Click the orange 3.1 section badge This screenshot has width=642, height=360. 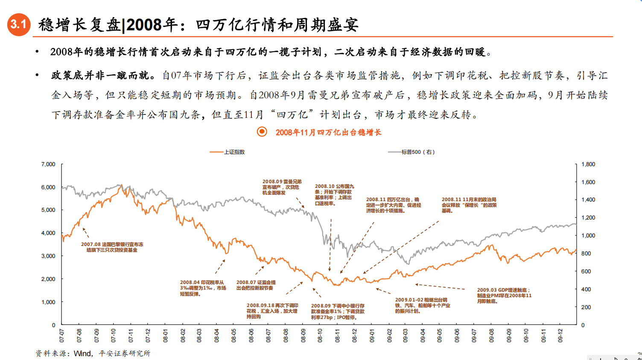(x=19, y=24)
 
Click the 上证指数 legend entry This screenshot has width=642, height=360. (x=234, y=152)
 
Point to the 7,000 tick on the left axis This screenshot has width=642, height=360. (x=48, y=164)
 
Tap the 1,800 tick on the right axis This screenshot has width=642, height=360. (x=588, y=164)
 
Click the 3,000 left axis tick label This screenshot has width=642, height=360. (x=48, y=256)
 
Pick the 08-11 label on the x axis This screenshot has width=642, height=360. (x=337, y=336)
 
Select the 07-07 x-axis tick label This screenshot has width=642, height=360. (x=62, y=336)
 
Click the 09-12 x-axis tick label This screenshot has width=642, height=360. (x=560, y=336)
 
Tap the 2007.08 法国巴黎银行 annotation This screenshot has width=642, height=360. (x=112, y=247)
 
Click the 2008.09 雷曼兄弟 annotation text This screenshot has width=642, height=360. (x=282, y=187)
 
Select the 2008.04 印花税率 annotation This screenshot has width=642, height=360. (x=203, y=288)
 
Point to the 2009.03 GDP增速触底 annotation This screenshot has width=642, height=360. (x=504, y=296)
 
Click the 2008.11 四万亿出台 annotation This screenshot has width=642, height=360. (x=393, y=205)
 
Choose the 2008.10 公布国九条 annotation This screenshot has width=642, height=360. (x=334, y=195)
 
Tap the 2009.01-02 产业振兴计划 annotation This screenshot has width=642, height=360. (x=422, y=305)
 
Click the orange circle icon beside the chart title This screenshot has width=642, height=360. (x=262, y=132)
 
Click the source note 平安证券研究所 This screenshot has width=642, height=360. (x=124, y=353)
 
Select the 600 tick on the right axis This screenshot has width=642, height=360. (x=586, y=272)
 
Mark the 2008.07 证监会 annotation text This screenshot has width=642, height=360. (x=256, y=285)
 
